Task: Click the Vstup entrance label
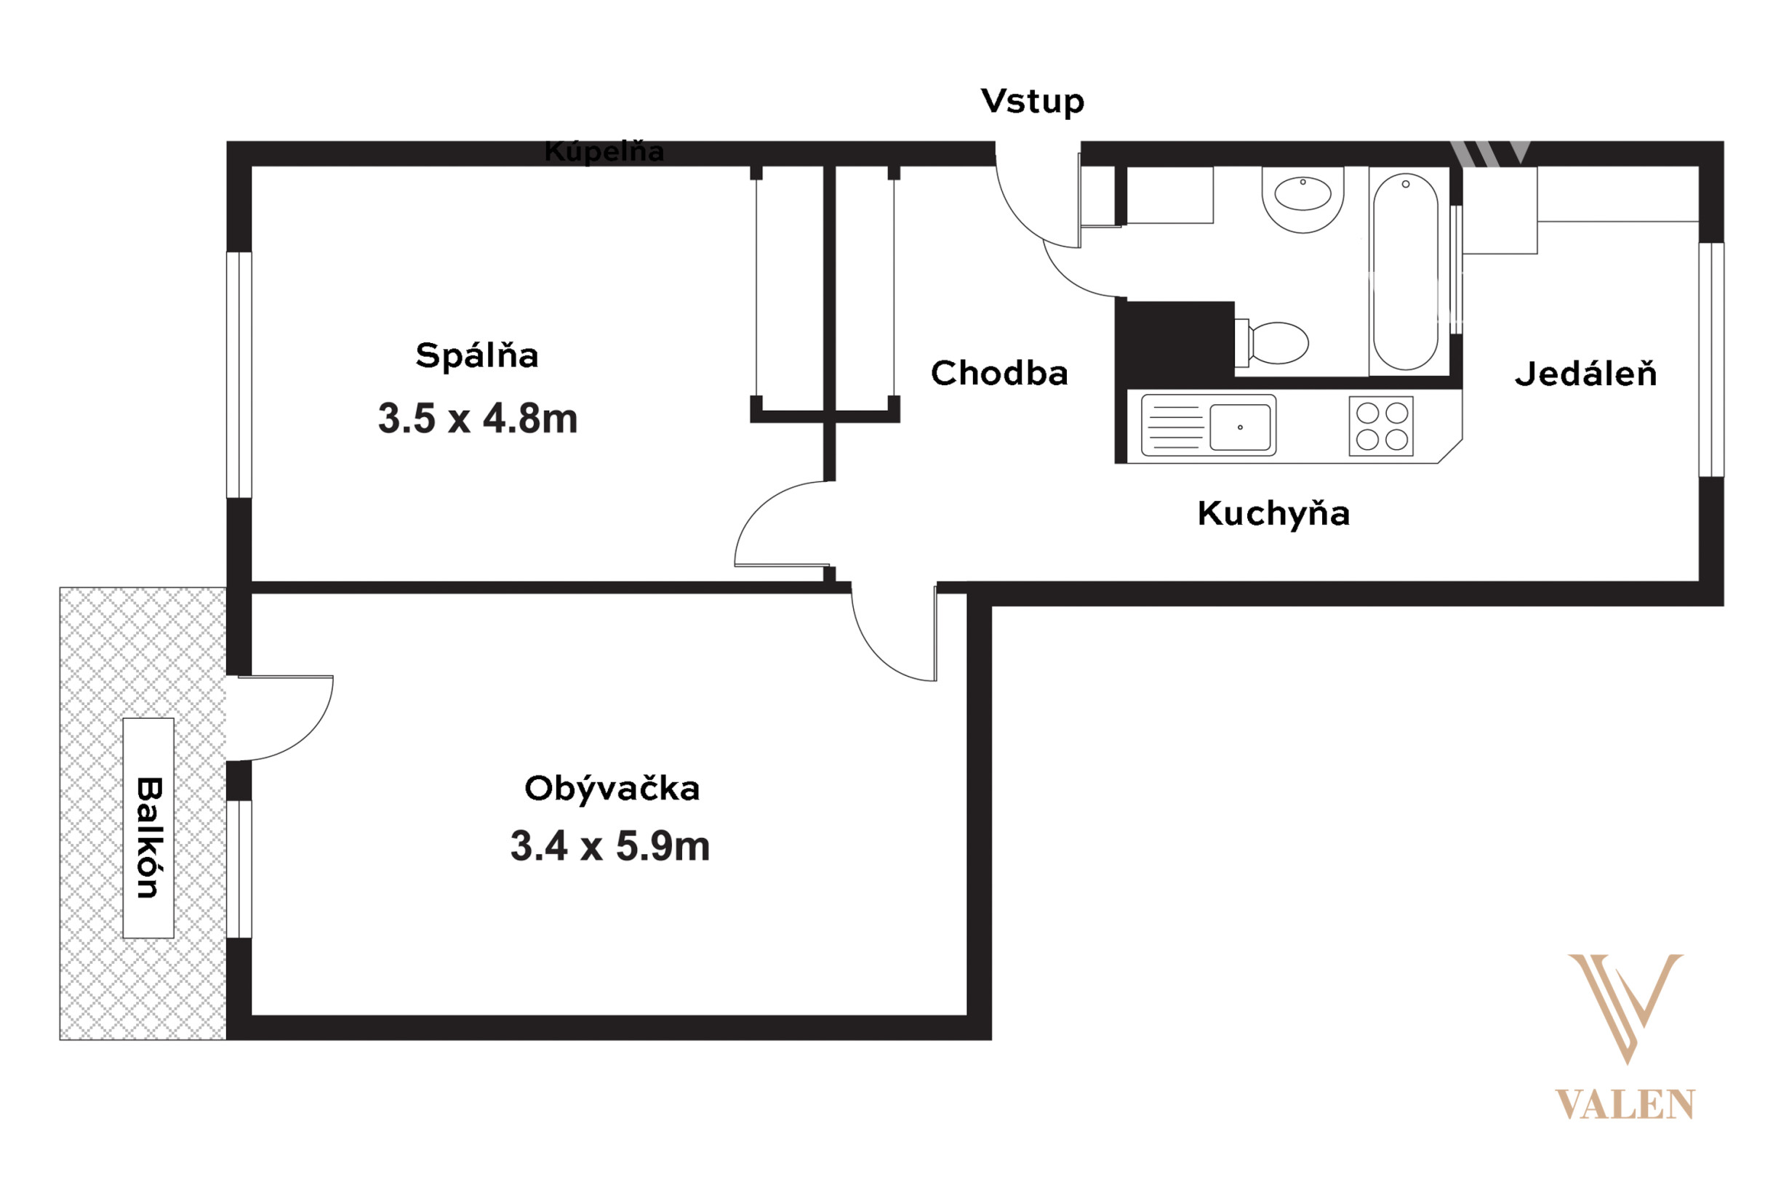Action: [x=1032, y=102]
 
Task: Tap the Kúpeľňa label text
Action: [x=604, y=152]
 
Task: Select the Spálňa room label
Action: [x=477, y=355]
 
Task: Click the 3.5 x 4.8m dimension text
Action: [x=478, y=419]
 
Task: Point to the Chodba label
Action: [x=999, y=373]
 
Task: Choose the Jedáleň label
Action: [x=1585, y=374]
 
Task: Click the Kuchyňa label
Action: [x=1273, y=514]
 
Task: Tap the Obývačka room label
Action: [x=612, y=789]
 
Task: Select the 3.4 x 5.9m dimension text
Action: [x=610, y=846]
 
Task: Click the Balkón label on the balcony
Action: [x=149, y=838]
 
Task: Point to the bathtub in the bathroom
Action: [x=1406, y=272]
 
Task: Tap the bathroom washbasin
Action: [x=1302, y=200]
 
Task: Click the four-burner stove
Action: [x=1381, y=426]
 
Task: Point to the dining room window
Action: [x=1711, y=360]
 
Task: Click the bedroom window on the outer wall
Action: [x=239, y=375]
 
